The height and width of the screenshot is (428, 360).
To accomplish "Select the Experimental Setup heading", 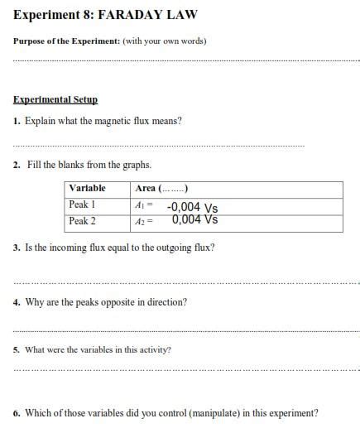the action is [55, 99].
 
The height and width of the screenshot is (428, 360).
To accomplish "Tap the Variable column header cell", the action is [87, 188].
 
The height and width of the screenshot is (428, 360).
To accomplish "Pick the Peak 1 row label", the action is [83, 204].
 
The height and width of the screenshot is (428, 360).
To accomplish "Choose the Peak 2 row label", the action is [83, 221].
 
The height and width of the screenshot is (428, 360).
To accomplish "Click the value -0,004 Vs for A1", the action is [192, 208].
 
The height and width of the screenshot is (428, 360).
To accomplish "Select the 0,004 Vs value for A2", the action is [195, 220].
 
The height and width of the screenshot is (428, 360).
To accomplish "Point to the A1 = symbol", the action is [144, 205].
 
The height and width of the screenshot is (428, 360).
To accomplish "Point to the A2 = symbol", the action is [144, 222].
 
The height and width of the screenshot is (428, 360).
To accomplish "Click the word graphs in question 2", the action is [137, 165].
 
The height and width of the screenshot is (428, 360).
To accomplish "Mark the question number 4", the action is [17, 302].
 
